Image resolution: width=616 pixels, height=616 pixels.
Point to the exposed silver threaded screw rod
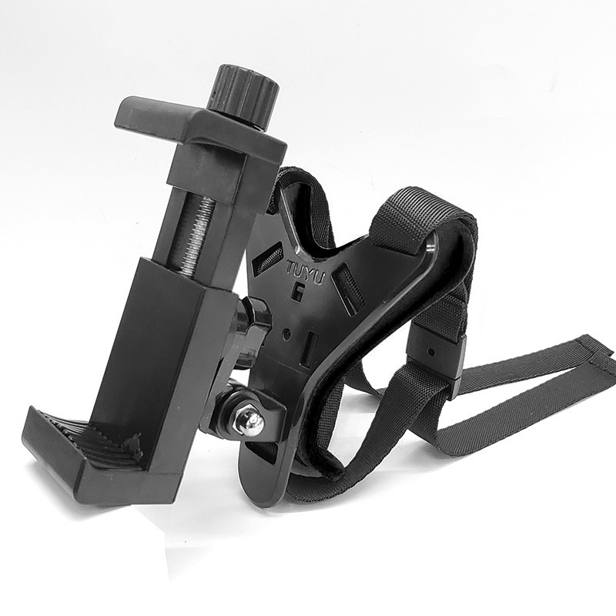coord(195,236)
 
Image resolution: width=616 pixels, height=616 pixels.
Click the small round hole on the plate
coord(287,333)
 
